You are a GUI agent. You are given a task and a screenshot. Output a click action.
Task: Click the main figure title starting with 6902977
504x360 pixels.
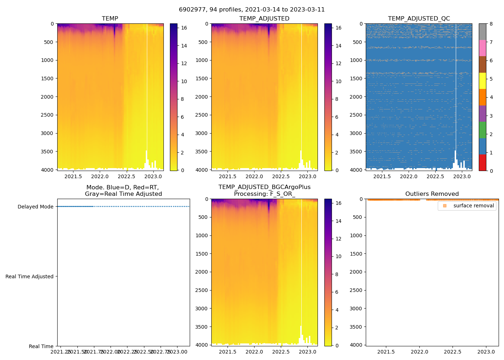coord(252,10)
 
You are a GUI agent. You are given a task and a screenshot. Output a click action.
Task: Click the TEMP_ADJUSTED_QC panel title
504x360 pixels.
coord(419,19)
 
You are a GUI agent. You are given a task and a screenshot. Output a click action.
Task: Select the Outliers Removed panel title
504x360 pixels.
coord(432,194)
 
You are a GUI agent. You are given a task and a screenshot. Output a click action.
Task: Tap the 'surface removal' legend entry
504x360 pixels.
coord(473,206)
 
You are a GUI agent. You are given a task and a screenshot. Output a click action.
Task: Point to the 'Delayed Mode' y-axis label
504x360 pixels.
coord(35,207)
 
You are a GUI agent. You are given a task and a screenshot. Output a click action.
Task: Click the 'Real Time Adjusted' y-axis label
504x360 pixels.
coord(30,276)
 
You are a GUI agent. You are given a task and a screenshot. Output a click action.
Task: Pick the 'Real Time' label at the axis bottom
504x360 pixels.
coord(41,346)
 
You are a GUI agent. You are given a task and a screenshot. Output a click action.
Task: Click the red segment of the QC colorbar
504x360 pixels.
coord(482,163)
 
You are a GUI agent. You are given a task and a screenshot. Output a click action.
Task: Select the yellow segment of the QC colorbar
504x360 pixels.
coord(482,81)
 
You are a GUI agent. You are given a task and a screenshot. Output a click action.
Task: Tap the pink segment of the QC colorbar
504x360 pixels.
coord(482,48)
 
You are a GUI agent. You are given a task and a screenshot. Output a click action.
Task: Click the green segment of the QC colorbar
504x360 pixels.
coord(482,130)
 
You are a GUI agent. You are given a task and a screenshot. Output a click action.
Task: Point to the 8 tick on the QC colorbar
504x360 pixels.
coord(491,24)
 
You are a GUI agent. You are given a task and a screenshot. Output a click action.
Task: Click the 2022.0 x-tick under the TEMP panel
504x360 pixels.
coord(100,176)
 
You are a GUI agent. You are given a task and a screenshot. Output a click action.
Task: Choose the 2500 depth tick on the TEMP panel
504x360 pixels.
coord(47,115)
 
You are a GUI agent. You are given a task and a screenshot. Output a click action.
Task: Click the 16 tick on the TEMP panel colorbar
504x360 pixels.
coord(184,28)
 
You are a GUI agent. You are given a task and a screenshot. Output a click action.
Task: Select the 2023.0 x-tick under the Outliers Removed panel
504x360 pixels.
coord(486,352)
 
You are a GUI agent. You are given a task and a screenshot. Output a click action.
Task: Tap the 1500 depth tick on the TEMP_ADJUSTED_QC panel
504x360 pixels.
coord(356,78)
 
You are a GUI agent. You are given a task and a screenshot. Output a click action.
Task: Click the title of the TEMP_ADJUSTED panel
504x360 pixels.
coord(264,19)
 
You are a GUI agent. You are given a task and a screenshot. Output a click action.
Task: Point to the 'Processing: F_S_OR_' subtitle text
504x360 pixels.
coord(264,194)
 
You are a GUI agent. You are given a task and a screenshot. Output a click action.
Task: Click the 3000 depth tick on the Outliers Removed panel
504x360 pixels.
coord(356,309)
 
